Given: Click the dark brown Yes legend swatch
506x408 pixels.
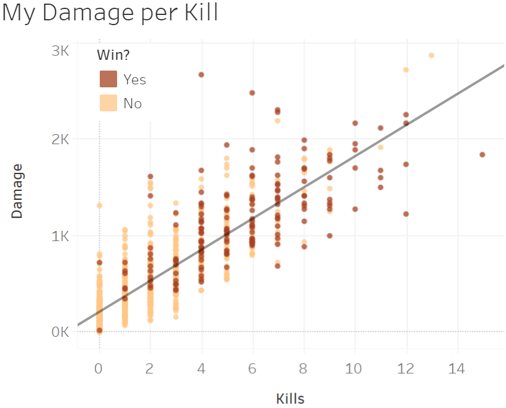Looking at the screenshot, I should pyautogui.click(x=109, y=79).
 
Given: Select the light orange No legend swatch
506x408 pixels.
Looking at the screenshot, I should pyautogui.click(x=109, y=103).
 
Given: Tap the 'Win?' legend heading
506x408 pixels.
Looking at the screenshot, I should pyautogui.click(x=114, y=55).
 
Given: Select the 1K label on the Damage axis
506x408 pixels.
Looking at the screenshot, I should pyautogui.click(x=60, y=235).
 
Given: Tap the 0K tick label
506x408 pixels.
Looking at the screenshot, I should pyautogui.click(x=60, y=331).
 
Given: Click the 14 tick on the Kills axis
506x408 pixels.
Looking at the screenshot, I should pyautogui.click(x=457, y=369).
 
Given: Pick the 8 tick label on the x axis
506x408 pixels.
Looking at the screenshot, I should pyautogui.click(x=303, y=369).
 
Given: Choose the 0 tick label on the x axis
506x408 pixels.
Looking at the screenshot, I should pyautogui.click(x=99, y=369).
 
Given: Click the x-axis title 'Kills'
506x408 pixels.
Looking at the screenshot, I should pyautogui.click(x=290, y=398).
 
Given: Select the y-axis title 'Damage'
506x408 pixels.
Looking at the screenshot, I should pyautogui.click(x=17, y=190).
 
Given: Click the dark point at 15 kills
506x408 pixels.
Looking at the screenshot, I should pyautogui.click(x=482, y=154).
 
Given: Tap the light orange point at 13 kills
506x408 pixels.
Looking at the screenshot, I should pyautogui.click(x=431, y=55).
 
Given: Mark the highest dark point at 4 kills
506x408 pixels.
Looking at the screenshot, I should pyautogui.click(x=201, y=75).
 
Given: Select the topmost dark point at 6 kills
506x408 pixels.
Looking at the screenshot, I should pyautogui.click(x=252, y=93).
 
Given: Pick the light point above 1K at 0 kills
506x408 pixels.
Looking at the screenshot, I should pyautogui.click(x=99, y=205).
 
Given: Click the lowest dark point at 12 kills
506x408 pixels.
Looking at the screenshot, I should pyautogui.click(x=406, y=214).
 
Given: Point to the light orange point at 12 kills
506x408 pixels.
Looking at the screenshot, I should pyautogui.click(x=406, y=69).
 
